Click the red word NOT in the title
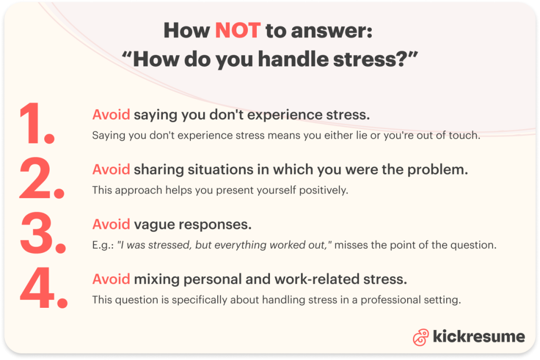coord(238,31)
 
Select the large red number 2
coord(41,179)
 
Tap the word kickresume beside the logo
coord(478,337)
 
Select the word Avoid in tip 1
coord(111,115)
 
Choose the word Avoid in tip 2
coord(111,169)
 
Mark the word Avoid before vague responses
coord(111,224)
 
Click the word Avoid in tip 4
coord(111,279)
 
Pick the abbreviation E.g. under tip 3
coord(102,245)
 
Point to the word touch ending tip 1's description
coord(467,135)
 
